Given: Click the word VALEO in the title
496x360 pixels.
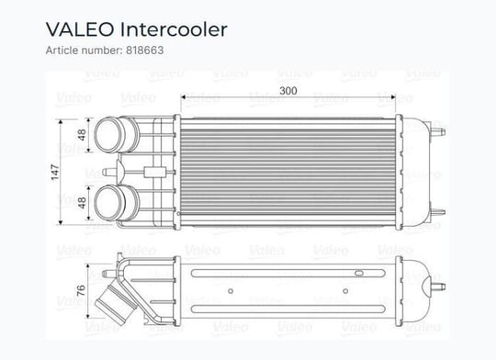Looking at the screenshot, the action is (80, 29).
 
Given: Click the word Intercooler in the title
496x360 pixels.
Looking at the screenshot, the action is (174, 29).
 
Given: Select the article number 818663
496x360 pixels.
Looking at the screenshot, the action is (145, 51).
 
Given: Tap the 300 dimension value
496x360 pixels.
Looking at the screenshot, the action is (288, 91).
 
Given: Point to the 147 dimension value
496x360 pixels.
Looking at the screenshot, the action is (55, 173).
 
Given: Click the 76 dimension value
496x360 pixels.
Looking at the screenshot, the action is (81, 290).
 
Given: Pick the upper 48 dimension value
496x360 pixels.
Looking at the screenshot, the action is (82, 135).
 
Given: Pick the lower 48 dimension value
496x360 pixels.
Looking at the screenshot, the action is (82, 203).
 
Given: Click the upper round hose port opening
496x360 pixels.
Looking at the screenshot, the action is (107, 135).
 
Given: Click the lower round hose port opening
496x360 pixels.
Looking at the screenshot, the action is (107, 202).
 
